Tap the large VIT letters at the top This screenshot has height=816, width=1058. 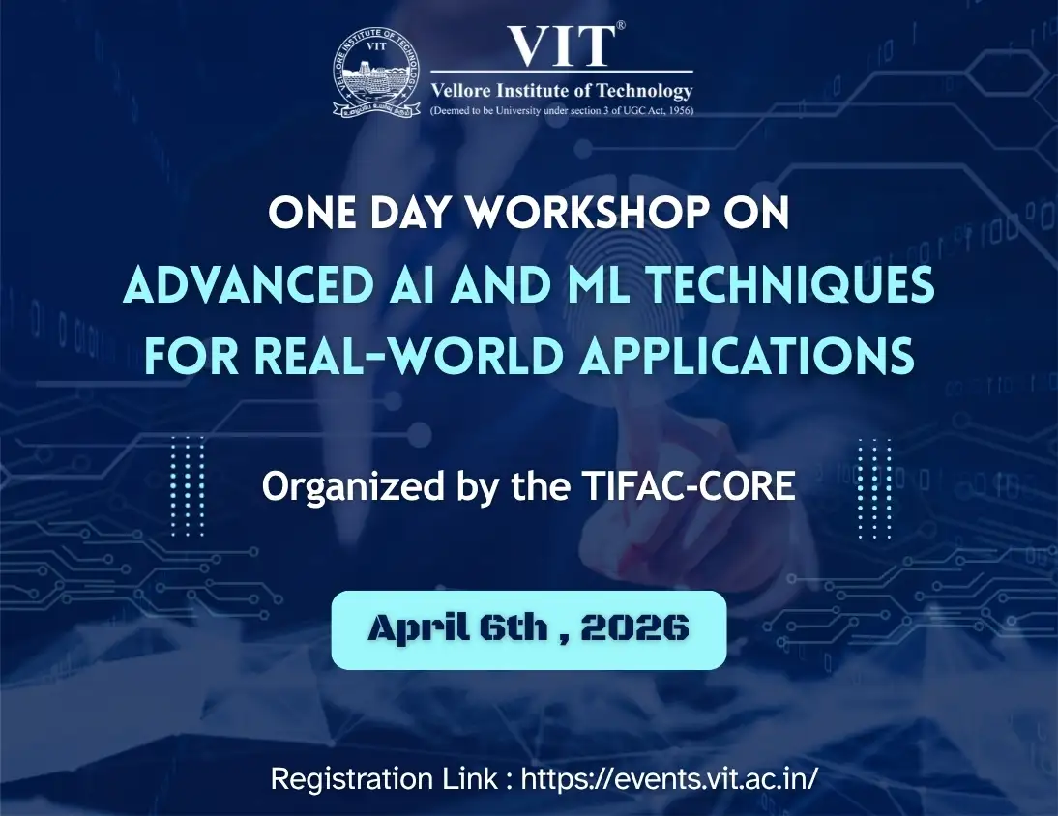click(x=560, y=45)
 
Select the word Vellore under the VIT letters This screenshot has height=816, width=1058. click(x=459, y=92)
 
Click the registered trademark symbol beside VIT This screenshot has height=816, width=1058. click(x=621, y=27)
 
